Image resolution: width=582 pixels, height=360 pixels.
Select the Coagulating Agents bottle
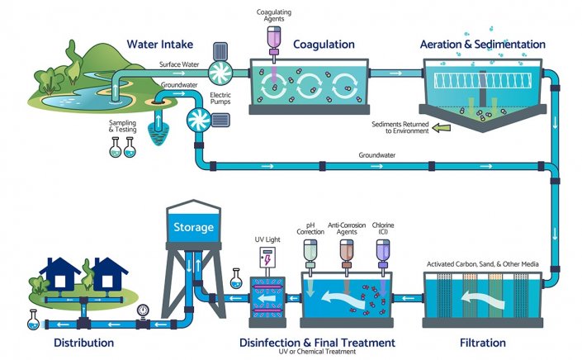pos(273,36)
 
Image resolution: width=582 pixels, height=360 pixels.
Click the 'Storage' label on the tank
pos(192,227)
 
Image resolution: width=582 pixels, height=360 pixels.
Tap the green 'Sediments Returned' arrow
pos(442,128)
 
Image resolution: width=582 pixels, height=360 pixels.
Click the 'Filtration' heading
pos(482,342)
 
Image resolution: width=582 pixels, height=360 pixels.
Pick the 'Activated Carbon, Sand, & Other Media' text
pos(482,264)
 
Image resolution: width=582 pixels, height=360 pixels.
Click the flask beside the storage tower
pos(236,278)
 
